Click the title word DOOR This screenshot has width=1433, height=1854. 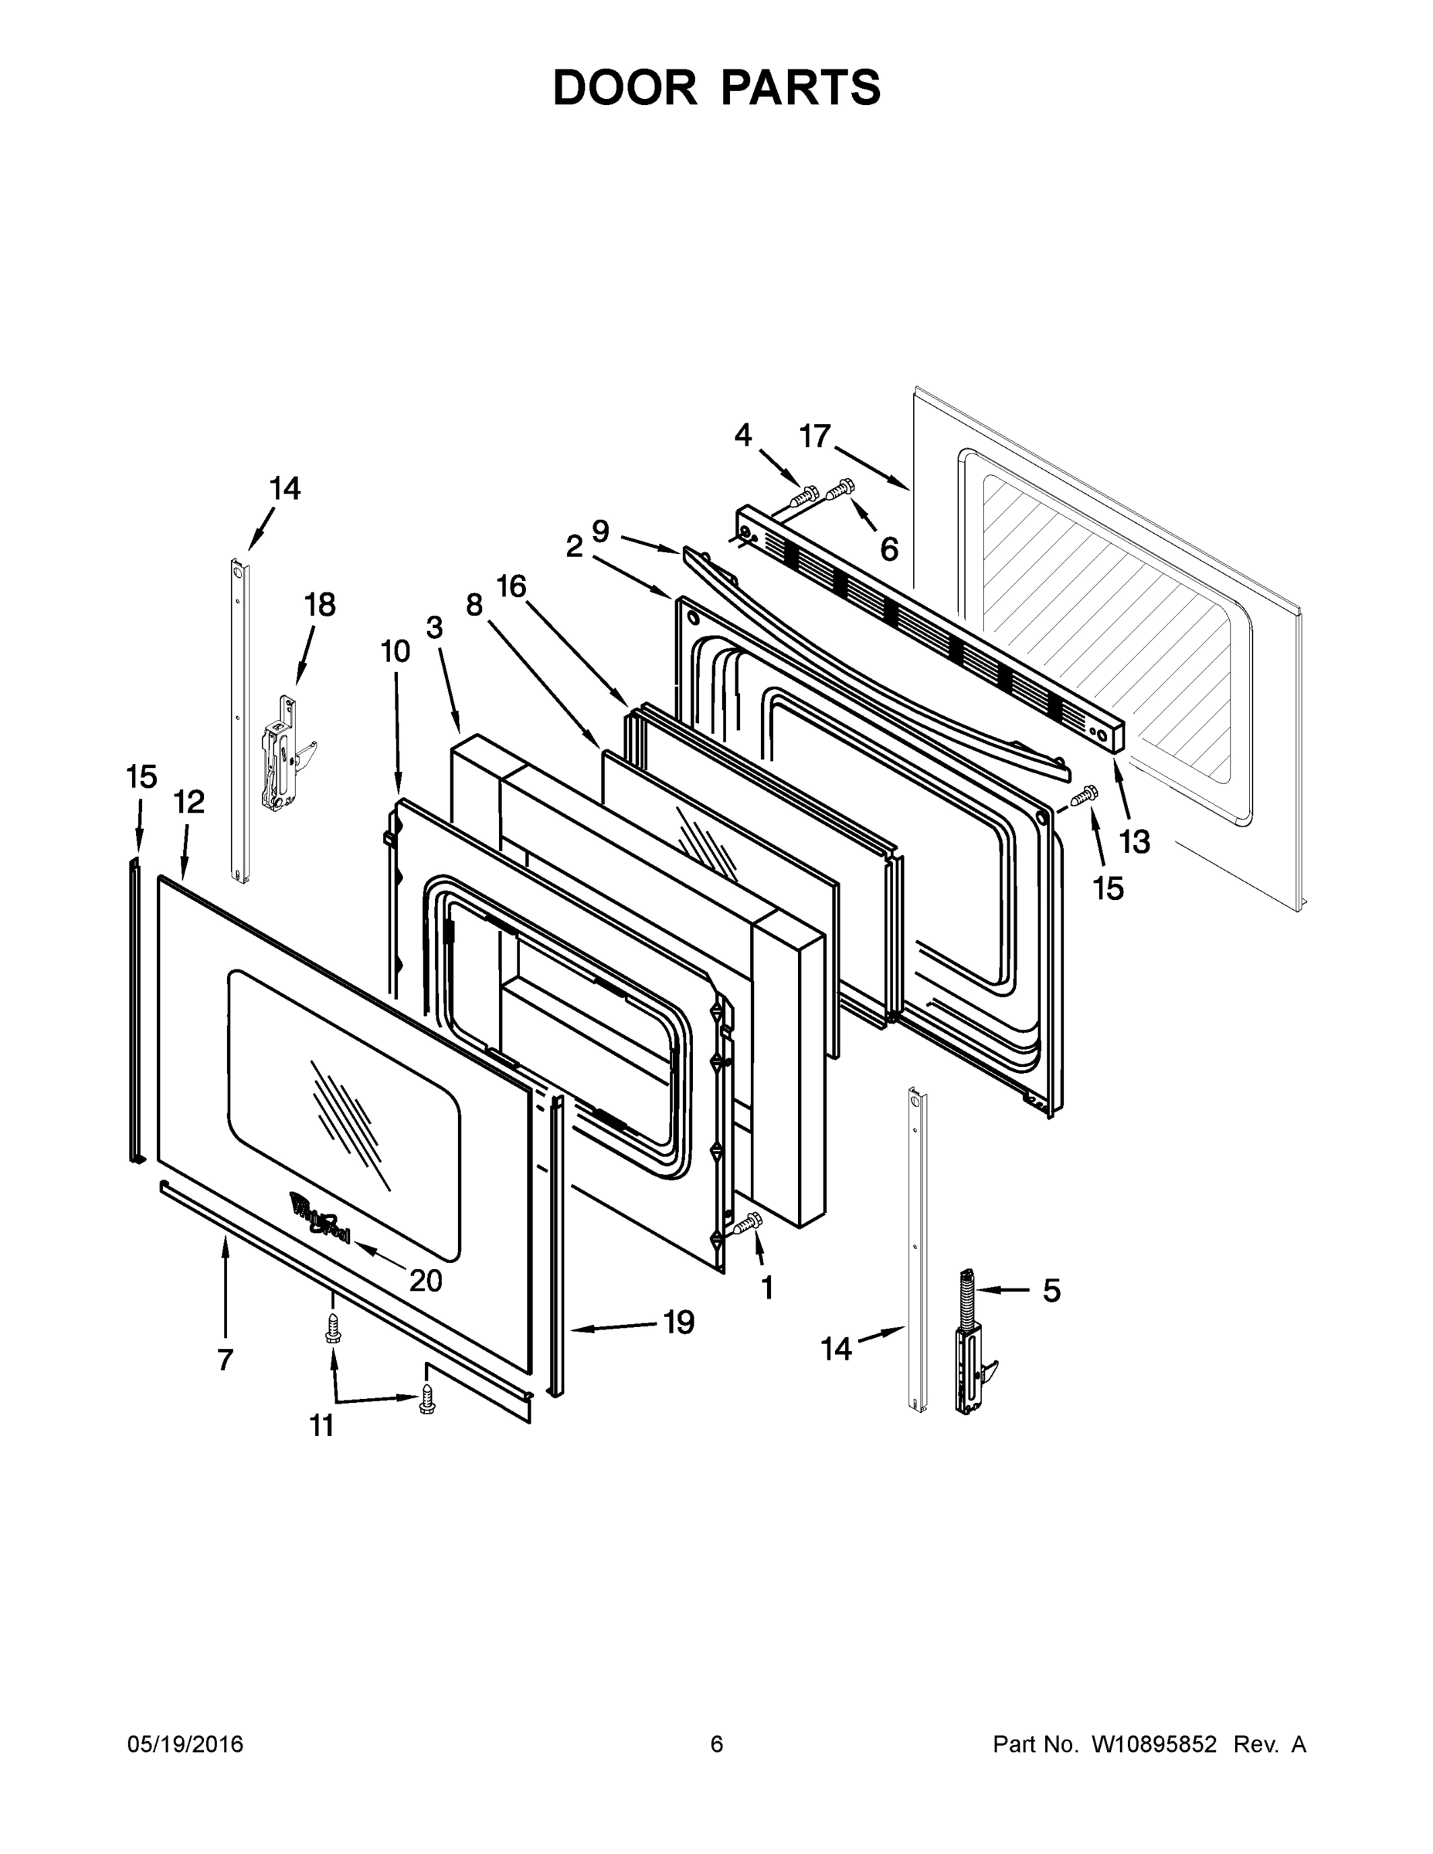pyautogui.click(x=624, y=88)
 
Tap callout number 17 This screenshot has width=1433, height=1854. pyautogui.click(x=815, y=437)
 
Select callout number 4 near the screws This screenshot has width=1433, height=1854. pyautogui.click(x=743, y=436)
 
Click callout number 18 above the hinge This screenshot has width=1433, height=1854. pyautogui.click(x=320, y=606)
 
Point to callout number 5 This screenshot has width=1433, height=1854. pyautogui.click(x=1051, y=1291)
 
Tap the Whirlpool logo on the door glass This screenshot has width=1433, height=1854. pyautogui.click(x=320, y=1218)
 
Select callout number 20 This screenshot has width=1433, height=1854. pyautogui.click(x=426, y=1280)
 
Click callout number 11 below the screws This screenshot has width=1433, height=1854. pyautogui.click(x=321, y=1427)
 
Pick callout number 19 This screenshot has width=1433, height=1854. pyautogui.click(x=678, y=1322)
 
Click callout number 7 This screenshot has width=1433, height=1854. pyautogui.click(x=225, y=1360)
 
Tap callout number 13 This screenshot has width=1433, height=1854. pyautogui.click(x=1134, y=841)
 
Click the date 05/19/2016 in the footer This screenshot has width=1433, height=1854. pyautogui.click(x=185, y=1744)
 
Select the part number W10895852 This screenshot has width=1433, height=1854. pyautogui.click(x=1153, y=1744)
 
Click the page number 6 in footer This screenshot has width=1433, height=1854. pyautogui.click(x=717, y=1744)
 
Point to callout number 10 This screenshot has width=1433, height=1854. pyautogui.click(x=395, y=651)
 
